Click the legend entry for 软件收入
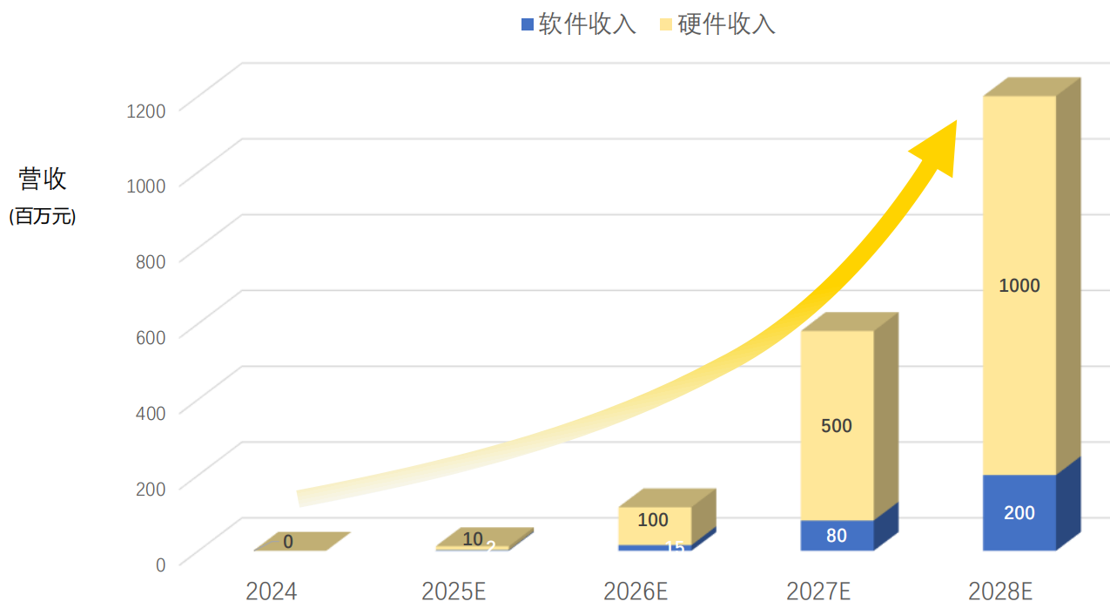[x=578, y=24]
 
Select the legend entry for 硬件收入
[x=716, y=24]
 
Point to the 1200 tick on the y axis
[x=148, y=110]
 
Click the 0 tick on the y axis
[x=160, y=564]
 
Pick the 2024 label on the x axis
[x=271, y=592]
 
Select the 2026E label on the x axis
[x=636, y=592]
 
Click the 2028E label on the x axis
[x=1000, y=592]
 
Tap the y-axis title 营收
[x=43, y=179]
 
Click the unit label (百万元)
[x=43, y=217]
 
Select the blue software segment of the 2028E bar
[x=1019, y=513]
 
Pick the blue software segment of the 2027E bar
[x=837, y=535]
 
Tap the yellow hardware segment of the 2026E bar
[x=655, y=525]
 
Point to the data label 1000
[x=1019, y=286]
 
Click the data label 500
[x=837, y=426]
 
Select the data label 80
[x=837, y=536]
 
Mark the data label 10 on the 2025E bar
[x=473, y=539]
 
